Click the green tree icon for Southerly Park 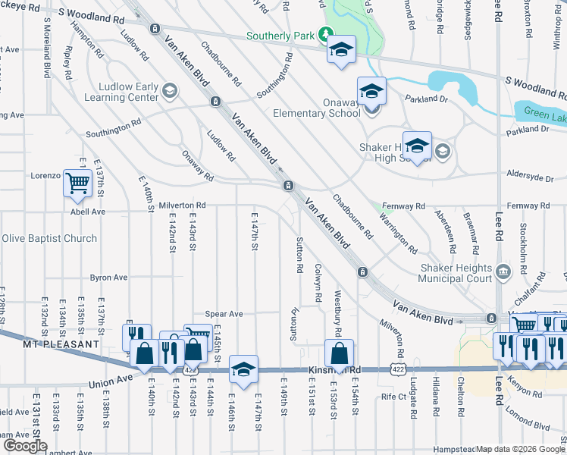[x=326, y=35]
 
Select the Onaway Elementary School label [x=320, y=108]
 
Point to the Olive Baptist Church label [x=49, y=239]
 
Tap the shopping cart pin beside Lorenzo [x=78, y=183]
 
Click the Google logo [x=25, y=445]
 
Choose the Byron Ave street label [x=108, y=278]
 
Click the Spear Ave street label [x=224, y=314]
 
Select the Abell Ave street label [x=87, y=212]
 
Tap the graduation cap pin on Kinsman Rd [x=244, y=369]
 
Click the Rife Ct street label [x=393, y=397]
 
